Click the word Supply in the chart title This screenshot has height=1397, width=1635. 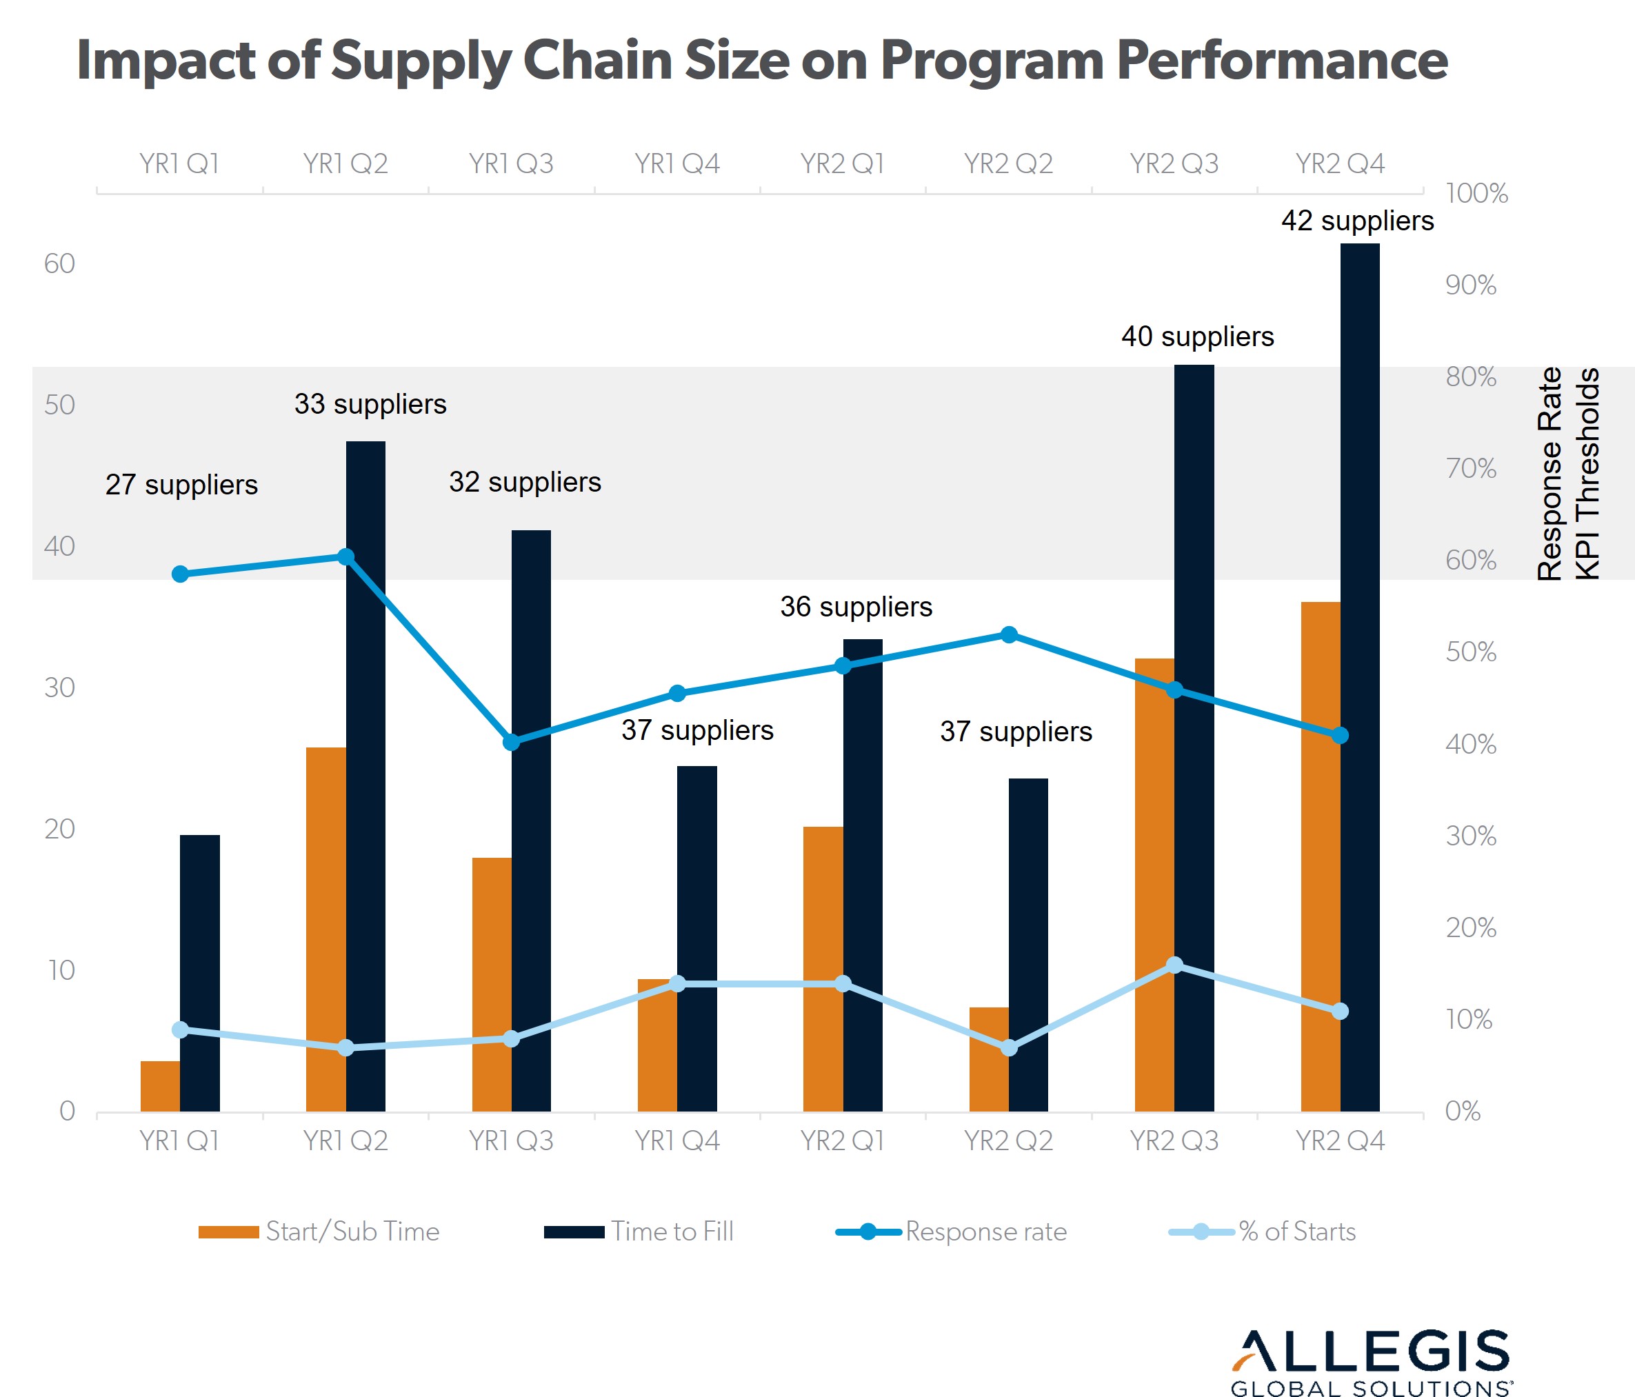pos(420,61)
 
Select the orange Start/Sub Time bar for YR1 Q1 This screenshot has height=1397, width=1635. pos(160,1086)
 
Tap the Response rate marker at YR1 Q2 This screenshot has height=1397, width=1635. pos(345,557)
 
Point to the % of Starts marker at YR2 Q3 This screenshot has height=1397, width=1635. pos(1174,965)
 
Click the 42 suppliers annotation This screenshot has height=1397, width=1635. pos(1357,221)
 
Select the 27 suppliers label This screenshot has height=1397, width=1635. pos(181,484)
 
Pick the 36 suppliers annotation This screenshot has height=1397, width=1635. pos(856,607)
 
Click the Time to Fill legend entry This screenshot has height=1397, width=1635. pos(639,1232)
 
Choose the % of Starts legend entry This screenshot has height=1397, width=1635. pos(1263,1232)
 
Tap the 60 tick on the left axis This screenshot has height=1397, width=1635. pos(59,263)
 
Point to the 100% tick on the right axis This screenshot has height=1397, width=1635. pos(1476,193)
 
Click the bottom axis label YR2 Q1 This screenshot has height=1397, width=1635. pos(842,1140)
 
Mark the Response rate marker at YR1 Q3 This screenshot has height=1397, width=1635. pos(512,742)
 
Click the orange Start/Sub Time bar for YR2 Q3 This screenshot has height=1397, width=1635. pos(1154,883)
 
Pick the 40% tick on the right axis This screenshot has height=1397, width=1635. pos(1470,744)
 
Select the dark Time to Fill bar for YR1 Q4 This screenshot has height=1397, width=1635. pos(696,938)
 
